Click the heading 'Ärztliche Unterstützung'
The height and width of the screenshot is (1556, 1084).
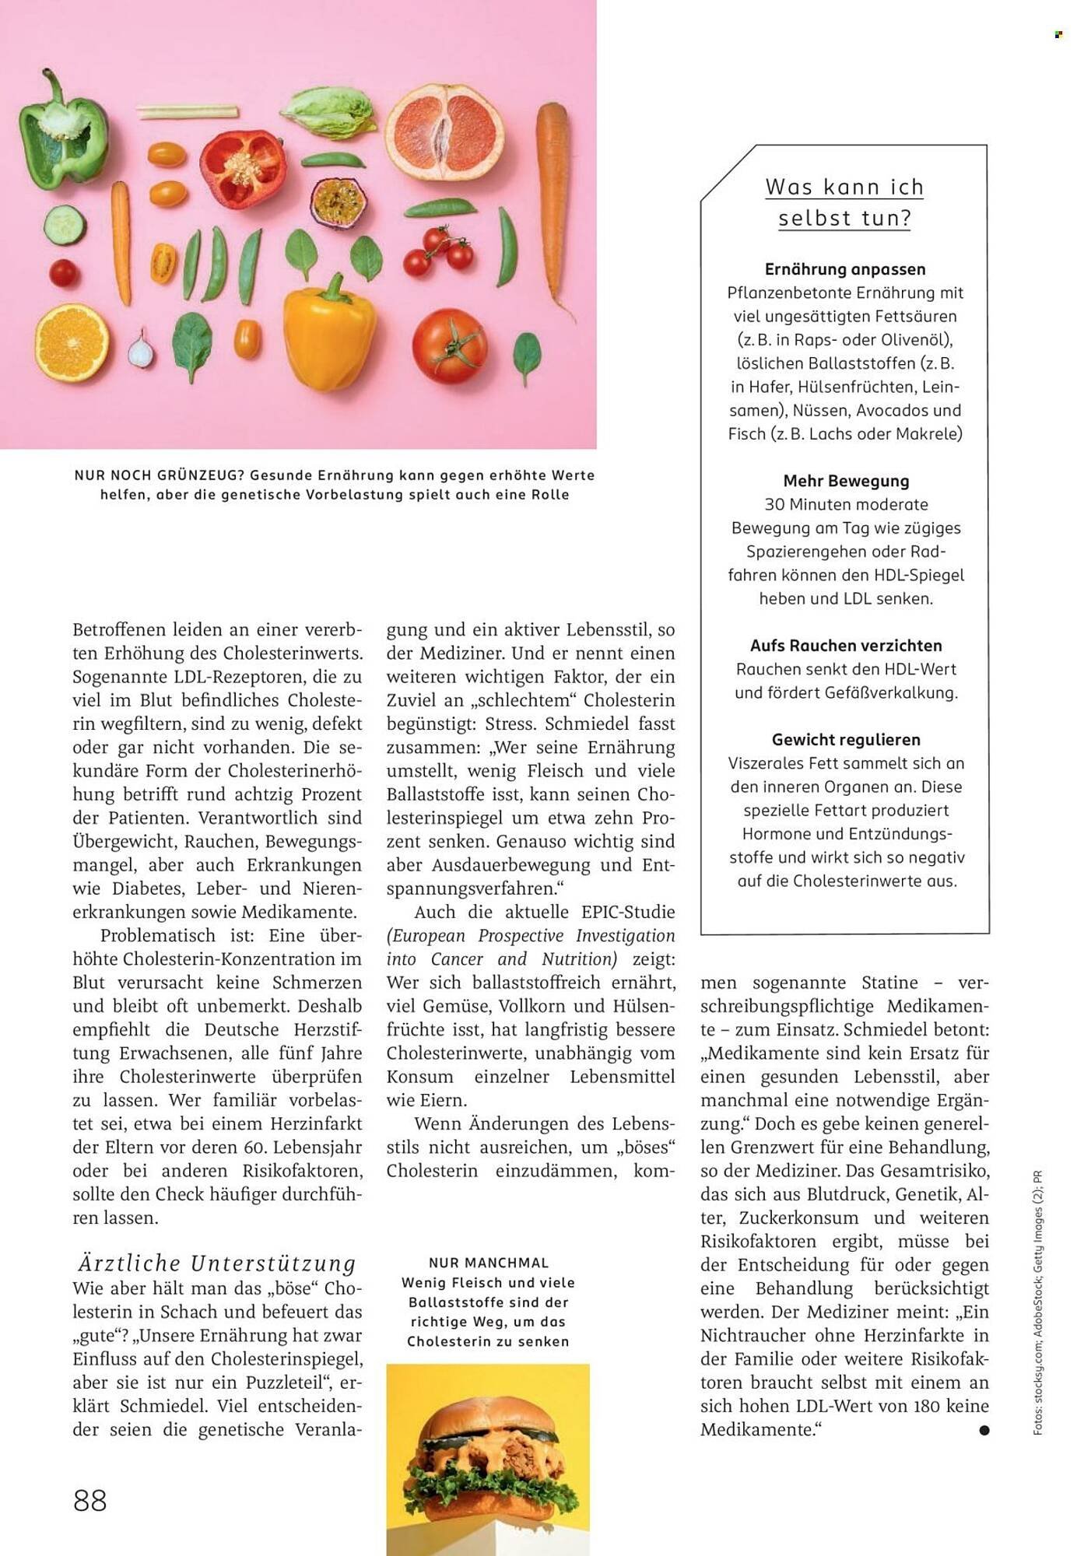pos(216,1263)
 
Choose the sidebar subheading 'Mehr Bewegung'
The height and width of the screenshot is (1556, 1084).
pos(846,481)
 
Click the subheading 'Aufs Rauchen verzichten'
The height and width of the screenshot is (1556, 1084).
pos(846,645)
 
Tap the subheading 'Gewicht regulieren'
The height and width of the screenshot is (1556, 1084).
pos(846,739)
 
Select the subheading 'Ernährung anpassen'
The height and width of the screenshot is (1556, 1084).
pos(845,269)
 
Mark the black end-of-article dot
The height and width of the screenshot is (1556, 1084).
pos(984,1430)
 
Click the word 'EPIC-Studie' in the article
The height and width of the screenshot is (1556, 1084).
pos(628,912)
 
